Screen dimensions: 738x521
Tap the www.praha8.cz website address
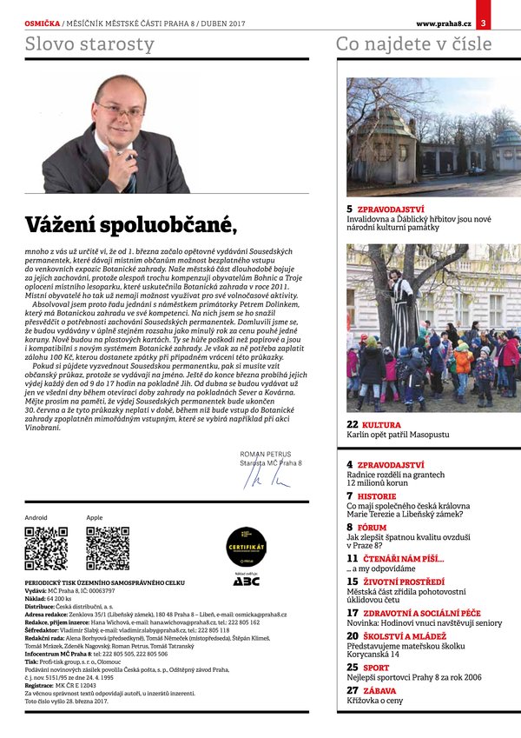pos(443,10)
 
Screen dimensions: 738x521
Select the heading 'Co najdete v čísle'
pos(413,44)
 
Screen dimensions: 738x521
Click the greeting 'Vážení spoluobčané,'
pos(131,223)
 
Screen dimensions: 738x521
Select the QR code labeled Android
pos(46,548)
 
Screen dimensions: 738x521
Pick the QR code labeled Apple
pos(108,548)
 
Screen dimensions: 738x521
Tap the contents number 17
pos(353,613)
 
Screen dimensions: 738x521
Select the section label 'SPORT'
pos(376,668)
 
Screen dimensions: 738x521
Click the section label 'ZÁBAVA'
pos(380,690)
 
